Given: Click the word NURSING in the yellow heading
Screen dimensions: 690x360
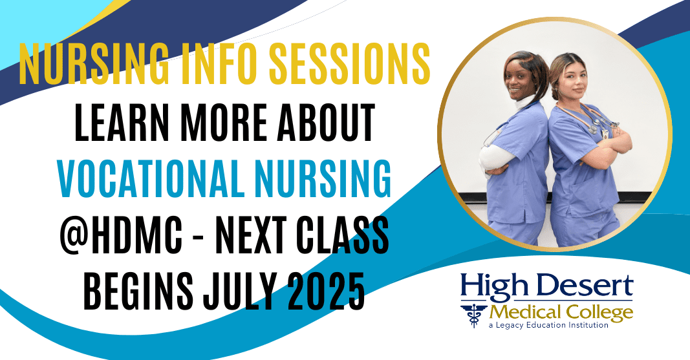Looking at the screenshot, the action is click(93, 64).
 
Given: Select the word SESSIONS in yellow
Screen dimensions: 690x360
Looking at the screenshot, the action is click(350, 64).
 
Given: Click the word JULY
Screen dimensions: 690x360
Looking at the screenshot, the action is click(239, 291).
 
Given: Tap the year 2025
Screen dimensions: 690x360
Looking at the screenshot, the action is click(326, 291).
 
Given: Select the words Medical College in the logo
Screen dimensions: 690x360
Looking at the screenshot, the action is click(561, 312).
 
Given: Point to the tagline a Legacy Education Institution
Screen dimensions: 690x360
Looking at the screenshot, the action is click(548, 325).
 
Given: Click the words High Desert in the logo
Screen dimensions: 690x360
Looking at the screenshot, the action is click(547, 286).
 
